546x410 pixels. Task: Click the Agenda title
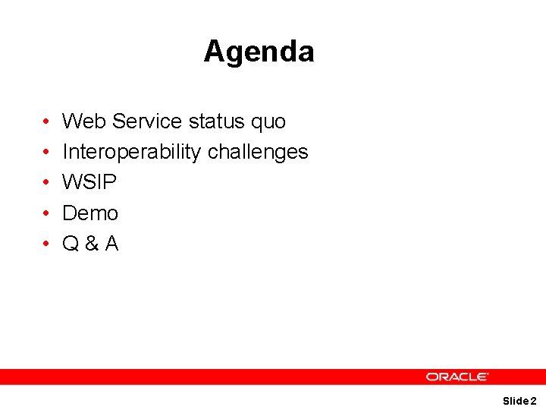(x=259, y=52)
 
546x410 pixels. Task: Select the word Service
(x=147, y=121)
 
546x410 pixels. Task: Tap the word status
(x=215, y=121)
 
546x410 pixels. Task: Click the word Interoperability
(x=131, y=152)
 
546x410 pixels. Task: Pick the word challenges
(x=258, y=152)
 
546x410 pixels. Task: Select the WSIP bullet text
(x=89, y=182)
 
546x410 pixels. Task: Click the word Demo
(x=90, y=213)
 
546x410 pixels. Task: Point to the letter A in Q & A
(x=111, y=244)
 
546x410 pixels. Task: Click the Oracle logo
(x=457, y=377)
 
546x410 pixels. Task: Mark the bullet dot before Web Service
(x=46, y=122)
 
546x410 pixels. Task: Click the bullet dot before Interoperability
(x=46, y=153)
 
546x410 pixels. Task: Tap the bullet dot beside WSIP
(x=46, y=183)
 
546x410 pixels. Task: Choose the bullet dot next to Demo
(x=46, y=213)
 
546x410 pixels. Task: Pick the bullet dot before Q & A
(x=46, y=244)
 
